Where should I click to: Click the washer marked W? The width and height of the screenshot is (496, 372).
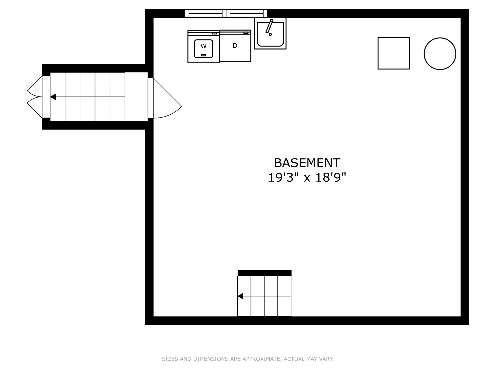203,46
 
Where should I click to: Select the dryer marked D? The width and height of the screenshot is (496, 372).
235,46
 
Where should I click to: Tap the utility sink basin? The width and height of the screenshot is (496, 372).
270,33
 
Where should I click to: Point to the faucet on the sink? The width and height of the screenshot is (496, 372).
269,27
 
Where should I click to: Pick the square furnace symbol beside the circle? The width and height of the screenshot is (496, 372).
394,53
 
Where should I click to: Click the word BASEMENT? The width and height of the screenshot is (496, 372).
307,163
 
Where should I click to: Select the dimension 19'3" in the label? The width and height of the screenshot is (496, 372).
284,177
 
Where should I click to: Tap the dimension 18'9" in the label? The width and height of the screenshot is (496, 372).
330,177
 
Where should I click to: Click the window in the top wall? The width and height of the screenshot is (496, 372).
226,14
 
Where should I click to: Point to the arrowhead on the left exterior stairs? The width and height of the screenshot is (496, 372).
53,97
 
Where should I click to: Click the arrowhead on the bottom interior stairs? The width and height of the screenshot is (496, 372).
241,296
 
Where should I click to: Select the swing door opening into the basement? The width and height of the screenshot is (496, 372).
165,98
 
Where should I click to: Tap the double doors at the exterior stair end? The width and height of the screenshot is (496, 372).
35,97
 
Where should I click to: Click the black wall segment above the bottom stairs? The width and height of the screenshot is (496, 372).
264,273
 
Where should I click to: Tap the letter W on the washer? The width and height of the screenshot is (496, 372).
203,46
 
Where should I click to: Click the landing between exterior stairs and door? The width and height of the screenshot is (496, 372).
136,97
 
